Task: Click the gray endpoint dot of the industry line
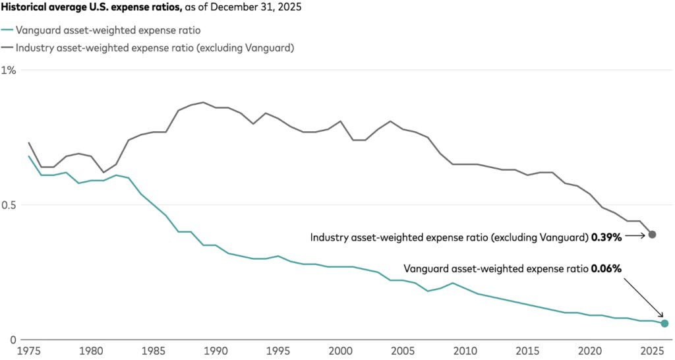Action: pyautogui.click(x=652, y=235)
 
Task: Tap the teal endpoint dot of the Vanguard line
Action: pyautogui.click(x=664, y=323)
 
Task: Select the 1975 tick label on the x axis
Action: pyautogui.click(x=28, y=351)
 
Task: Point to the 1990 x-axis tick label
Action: pyautogui.click(x=216, y=351)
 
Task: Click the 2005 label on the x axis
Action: pyautogui.click(x=403, y=351)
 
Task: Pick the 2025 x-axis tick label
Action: pyautogui.click(x=652, y=351)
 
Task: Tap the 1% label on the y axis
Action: pyautogui.click(x=9, y=70)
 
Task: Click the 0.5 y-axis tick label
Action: pyautogui.click(x=8, y=205)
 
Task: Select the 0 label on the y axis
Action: pyautogui.click(x=13, y=340)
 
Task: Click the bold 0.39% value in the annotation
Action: pyautogui.click(x=606, y=237)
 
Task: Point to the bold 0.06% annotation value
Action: pyautogui.click(x=606, y=269)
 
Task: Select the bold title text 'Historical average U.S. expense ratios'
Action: pyautogui.click(x=91, y=7)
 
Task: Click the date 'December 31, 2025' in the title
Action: pyautogui.click(x=256, y=7)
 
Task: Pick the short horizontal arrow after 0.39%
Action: pyautogui.click(x=635, y=235)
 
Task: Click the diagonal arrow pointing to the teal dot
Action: pyautogui.click(x=643, y=298)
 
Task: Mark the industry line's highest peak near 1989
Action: pyautogui.click(x=203, y=102)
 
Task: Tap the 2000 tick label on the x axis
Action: pyautogui.click(x=341, y=351)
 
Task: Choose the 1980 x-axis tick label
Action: pyautogui.click(x=91, y=351)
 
